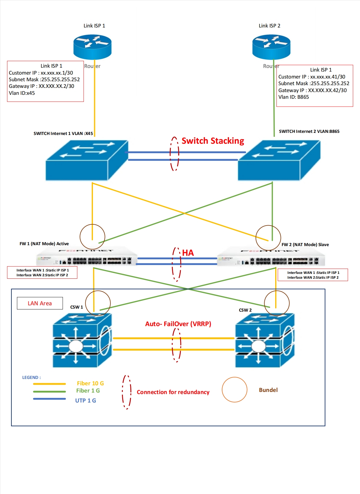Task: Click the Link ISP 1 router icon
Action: point(92,47)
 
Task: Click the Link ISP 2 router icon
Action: point(271,47)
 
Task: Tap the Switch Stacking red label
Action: point(213,141)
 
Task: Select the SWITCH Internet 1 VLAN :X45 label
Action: point(63,133)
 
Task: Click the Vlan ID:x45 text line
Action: point(22,93)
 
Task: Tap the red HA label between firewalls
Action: point(188,253)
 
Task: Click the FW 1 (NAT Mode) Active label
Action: point(44,244)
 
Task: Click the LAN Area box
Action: point(40,303)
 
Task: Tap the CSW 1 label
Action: point(76,307)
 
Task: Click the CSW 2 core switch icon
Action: point(264,340)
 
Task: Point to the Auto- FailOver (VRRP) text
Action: point(178,324)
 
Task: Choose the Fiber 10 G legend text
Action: point(90,383)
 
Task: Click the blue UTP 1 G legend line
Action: point(49,399)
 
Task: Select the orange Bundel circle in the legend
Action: point(234,390)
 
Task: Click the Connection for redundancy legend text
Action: point(173,392)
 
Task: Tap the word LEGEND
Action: point(31,377)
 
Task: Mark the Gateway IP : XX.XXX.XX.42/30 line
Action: point(312,90)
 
